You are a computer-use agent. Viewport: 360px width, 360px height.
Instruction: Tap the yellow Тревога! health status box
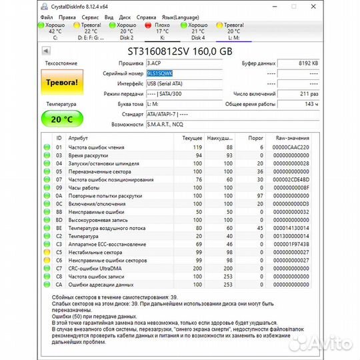pos(61,83)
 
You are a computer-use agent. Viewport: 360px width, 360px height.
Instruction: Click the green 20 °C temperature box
pos(61,119)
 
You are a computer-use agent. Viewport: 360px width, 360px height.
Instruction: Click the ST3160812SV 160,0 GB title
pos(180,51)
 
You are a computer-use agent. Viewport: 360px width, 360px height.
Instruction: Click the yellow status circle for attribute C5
pos(47,252)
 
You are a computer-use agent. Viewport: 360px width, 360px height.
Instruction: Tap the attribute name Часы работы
pos(82,187)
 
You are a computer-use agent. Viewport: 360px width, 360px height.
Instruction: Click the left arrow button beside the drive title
pos(46,51)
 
